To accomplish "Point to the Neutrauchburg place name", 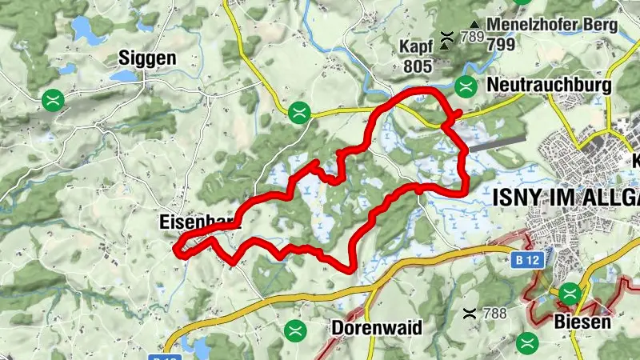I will tap(549, 86).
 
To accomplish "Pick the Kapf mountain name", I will tap(415, 46).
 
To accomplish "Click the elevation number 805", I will tap(415, 67).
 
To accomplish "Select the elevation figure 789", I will tap(472, 37).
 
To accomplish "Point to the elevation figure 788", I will tap(495, 313).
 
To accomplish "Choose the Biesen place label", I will tap(582, 322).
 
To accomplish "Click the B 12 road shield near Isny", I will tap(523, 259).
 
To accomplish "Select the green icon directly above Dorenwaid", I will tap(295, 329).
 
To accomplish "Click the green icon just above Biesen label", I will tap(570, 294).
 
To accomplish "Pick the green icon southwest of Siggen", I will tap(54, 100).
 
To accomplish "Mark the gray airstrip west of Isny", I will tap(497, 143).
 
